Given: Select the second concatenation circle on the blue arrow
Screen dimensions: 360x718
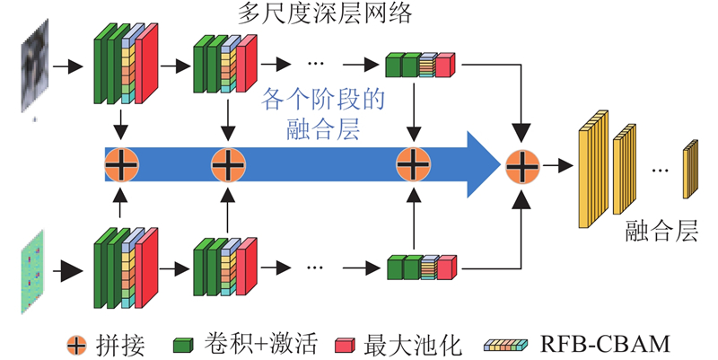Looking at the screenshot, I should pos(228,165).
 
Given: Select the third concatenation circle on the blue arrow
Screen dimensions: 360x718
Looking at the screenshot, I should pos(413,165).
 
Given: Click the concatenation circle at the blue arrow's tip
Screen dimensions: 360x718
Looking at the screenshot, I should pos(521,165).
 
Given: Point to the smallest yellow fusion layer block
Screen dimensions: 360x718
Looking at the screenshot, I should pos(689,169).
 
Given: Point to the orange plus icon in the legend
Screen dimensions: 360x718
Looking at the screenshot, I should pos(78,342).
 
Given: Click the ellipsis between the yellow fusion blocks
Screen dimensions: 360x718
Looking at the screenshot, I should pos(660,169).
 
